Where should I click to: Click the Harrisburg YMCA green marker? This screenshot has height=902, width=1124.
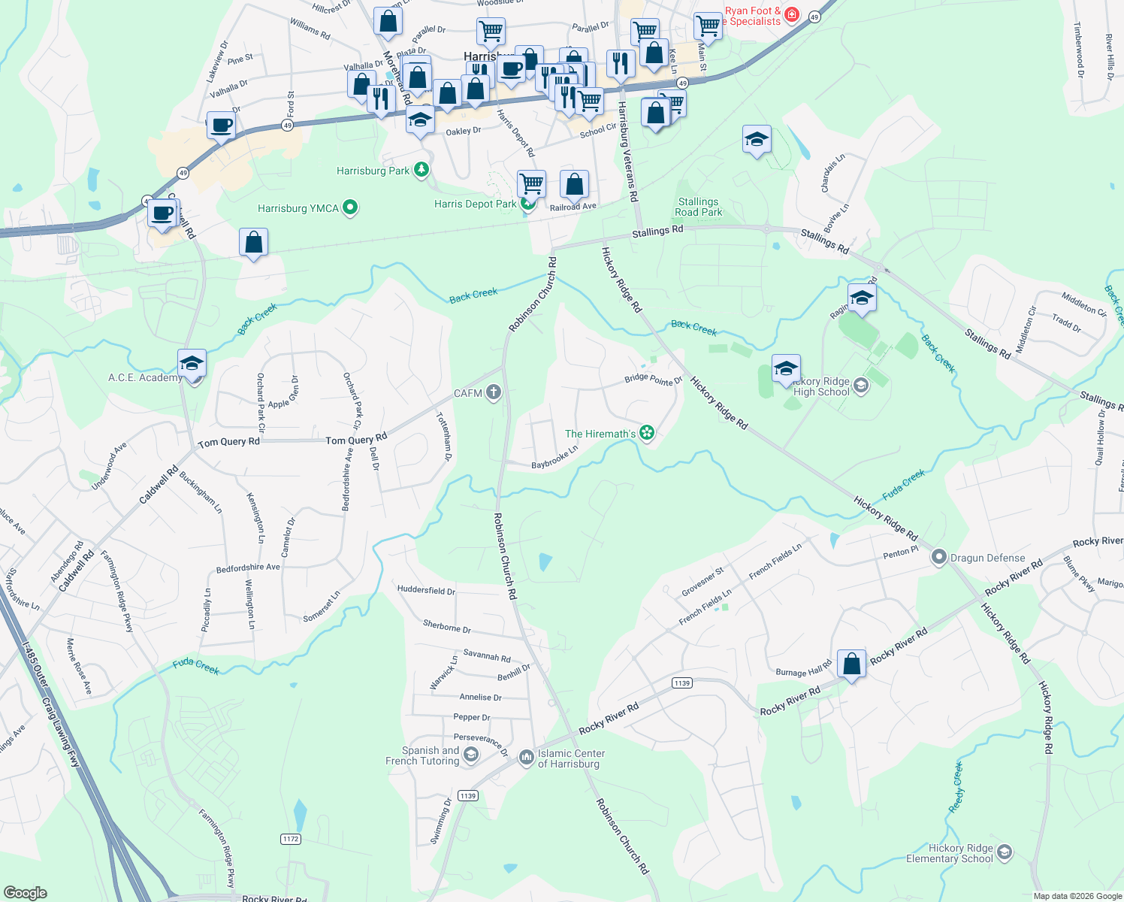point(349,207)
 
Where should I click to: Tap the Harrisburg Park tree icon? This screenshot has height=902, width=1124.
point(421,170)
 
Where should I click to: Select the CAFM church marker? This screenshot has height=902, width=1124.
point(493,392)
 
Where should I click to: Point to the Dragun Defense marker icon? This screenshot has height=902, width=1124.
point(938,558)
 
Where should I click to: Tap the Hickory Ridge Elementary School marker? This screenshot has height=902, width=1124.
point(1005,852)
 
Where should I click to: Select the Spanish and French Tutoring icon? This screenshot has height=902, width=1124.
point(471,755)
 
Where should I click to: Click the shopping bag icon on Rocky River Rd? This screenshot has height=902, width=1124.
point(851,664)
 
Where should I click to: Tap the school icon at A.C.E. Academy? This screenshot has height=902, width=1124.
point(192,364)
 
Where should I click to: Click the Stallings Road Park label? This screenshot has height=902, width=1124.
point(698,207)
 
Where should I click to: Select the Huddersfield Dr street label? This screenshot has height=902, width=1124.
point(426,590)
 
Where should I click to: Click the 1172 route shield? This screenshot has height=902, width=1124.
point(291,838)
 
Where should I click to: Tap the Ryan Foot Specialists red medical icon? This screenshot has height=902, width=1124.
point(793,15)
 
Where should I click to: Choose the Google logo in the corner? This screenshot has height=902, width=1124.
point(25,892)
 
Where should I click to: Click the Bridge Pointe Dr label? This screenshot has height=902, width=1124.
point(653,379)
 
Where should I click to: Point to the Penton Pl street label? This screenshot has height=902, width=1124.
point(900,552)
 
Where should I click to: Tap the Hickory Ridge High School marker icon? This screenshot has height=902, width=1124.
point(861,386)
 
